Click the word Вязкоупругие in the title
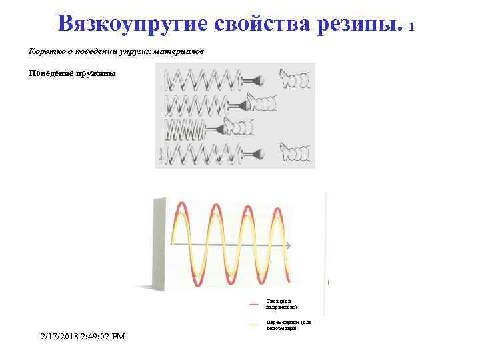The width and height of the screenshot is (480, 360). pyautogui.click(x=133, y=24)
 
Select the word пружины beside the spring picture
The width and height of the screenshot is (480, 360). pyautogui.click(x=96, y=73)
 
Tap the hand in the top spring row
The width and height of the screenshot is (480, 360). pyautogui.click(x=293, y=79)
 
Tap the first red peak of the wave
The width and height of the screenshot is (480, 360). pyautogui.click(x=181, y=205)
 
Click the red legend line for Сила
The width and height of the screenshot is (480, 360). pyautogui.click(x=254, y=304)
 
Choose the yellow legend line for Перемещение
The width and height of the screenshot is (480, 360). pyautogui.click(x=254, y=325)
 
